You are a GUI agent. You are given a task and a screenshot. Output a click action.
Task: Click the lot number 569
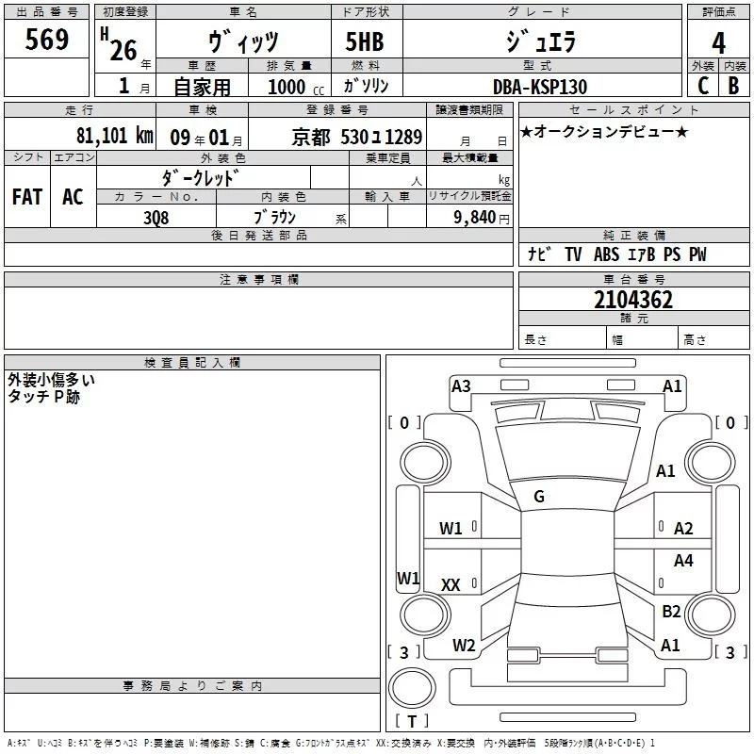pyautogui.click(x=47, y=40)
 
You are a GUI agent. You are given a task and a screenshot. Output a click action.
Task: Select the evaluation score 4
pyautogui.click(x=719, y=43)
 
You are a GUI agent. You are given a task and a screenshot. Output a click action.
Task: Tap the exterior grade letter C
pyautogui.click(x=702, y=86)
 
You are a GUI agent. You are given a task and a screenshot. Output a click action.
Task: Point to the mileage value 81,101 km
pyautogui.click(x=114, y=135)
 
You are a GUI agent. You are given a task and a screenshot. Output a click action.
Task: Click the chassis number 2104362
pyautogui.click(x=633, y=301)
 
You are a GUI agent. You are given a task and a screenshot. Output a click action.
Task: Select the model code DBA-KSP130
pyautogui.click(x=540, y=87)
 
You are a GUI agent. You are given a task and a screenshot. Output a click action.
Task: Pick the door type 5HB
pyautogui.click(x=365, y=42)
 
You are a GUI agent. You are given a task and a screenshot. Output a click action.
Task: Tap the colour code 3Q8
pyautogui.click(x=156, y=217)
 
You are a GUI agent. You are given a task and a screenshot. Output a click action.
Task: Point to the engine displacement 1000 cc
pyautogui.click(x=294, y=87)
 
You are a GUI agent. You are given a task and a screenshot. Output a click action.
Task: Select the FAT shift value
pyautogui.click(x=27, y=197)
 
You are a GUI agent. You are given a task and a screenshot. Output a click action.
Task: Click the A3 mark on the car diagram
pyautogui.click(x=461, y=385)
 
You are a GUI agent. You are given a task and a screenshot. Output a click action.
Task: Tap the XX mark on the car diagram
pyautogui.click(x=451, y=585)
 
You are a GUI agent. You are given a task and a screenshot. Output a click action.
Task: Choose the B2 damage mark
pyautogui.click(x=671, y=612)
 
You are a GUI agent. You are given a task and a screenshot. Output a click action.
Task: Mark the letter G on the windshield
pyautogui.click(x=539, y=497)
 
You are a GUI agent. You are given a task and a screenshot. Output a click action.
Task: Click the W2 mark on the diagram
pyautogui.click(x=464, y=646)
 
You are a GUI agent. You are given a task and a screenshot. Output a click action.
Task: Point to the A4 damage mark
pyautogui.click(x=683, y=561)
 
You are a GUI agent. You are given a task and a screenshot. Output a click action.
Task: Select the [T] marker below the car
pyautogui.click(x=412, y=721)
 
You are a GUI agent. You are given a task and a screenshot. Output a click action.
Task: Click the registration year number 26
pyautogui.click(x=123, y=50)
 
